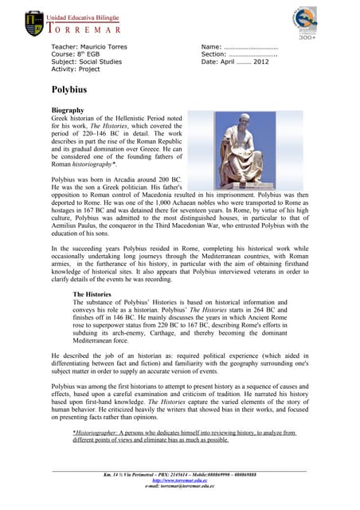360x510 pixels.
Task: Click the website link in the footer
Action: point(179,481)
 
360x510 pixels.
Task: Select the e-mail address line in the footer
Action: point(179,486)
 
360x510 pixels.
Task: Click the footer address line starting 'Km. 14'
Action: point(179,475)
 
